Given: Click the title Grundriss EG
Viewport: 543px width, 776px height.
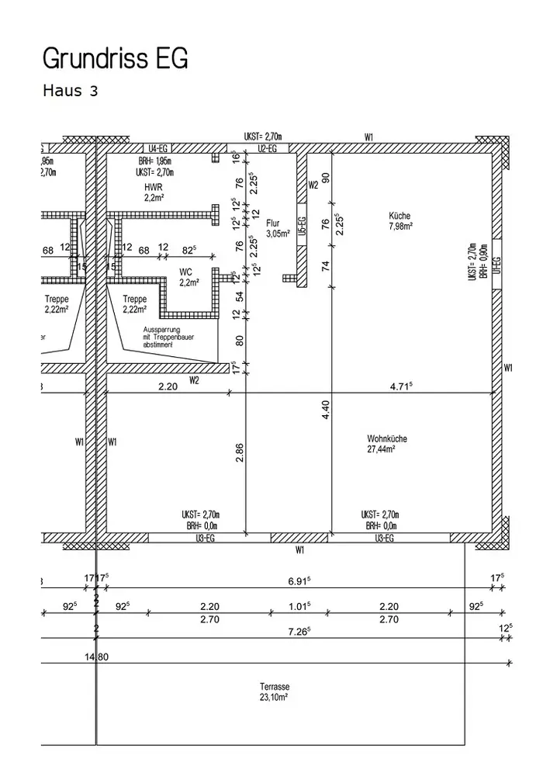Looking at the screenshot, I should [115, 58].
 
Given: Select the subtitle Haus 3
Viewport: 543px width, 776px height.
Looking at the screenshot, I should [70, 91].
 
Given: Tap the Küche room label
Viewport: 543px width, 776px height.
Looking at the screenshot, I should [400, 216].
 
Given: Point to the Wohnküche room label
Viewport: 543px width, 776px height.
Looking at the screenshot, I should [387, 438].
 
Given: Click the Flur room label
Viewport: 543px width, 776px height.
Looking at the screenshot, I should [272, 222].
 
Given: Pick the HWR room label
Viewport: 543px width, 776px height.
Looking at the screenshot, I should [152, 188].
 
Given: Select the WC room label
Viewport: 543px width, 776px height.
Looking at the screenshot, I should [185, 272].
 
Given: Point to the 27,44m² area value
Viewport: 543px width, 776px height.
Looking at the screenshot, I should [382, 449].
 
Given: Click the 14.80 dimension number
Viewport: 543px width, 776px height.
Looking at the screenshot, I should [96, 656].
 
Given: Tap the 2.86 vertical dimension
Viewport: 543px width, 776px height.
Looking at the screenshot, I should [239, 453].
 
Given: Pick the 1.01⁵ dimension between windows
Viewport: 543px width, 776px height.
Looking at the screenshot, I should [299, 606].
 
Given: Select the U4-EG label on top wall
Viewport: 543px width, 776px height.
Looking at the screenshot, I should [158, 147].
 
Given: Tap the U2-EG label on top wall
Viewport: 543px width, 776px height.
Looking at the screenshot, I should [268, 147].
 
